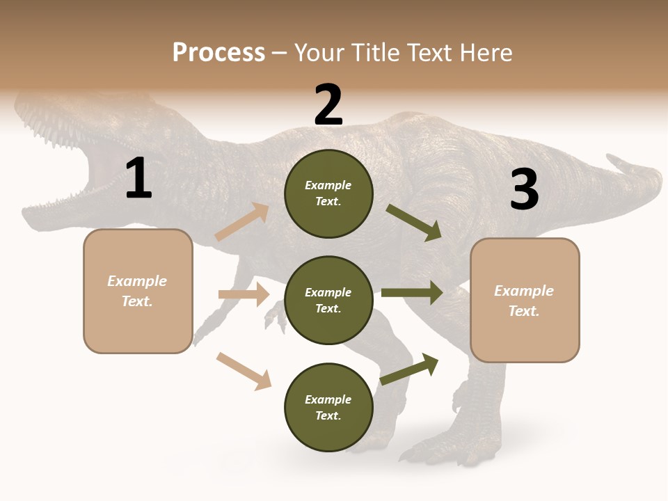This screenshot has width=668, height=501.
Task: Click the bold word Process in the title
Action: (218, 53)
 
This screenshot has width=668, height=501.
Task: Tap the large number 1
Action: (138, 179)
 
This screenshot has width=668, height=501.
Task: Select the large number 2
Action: (328, 105)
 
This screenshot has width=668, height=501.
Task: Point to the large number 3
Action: (524, 189)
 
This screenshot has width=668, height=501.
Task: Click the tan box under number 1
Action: (138, 291)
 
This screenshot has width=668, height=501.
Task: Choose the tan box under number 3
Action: (525, 300)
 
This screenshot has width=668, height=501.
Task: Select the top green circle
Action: (328, 193)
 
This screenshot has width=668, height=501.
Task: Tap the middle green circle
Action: (328, 300)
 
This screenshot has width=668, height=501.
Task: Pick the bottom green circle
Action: (328, 407)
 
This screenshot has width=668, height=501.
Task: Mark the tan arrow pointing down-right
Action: (244, 371)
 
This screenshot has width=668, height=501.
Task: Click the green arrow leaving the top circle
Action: (414, 222)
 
